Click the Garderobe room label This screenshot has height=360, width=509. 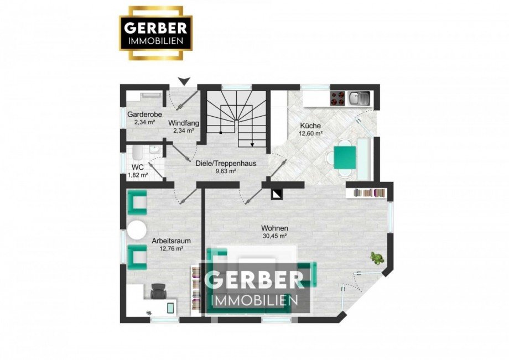[x=144, y=114]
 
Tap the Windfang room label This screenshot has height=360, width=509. [x=184, y=123]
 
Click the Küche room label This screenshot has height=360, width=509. [x=310, y=125]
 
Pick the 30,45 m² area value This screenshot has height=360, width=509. [x=275, y=236]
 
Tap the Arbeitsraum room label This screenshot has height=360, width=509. [x=168, y=241]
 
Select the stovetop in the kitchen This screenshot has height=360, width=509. [x=337, y=98]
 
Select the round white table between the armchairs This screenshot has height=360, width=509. [x=137, y=230]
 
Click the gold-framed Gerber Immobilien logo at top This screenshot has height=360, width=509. [x=156, y=33]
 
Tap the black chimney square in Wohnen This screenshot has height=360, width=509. [x=276, y=193]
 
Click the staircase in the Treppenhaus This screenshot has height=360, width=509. [x=237, y=119]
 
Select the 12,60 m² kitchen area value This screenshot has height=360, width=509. [x=310, y=133]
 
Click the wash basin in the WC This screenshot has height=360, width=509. [x=154, y=150]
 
